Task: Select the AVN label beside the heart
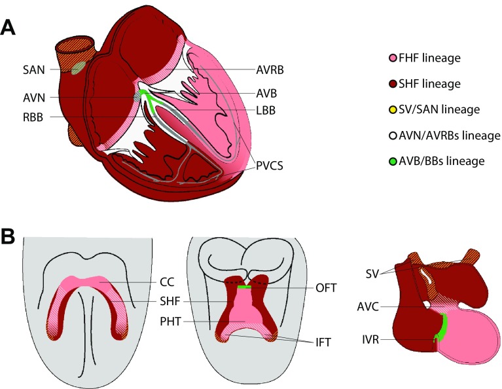(x=28, y=96)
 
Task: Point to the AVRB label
(x=270, y=69)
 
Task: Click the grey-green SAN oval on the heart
(x=77, y=67)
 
